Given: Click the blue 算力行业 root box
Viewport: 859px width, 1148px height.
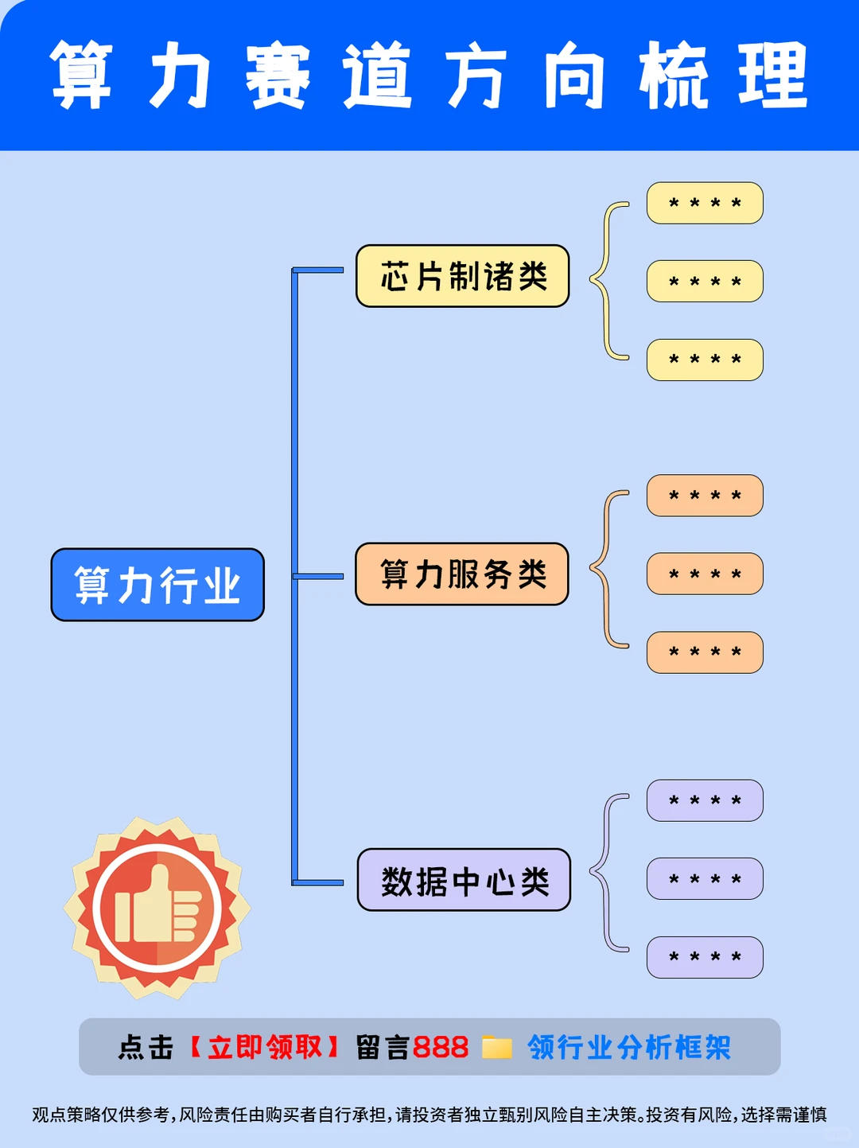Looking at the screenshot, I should [157, 585].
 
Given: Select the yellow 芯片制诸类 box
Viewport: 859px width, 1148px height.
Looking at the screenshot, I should [462, 276].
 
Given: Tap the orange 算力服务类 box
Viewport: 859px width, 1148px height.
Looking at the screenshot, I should [462, 574].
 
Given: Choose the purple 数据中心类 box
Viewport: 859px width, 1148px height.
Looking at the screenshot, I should [464, 880].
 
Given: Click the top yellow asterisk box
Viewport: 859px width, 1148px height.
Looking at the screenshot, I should [705, 203].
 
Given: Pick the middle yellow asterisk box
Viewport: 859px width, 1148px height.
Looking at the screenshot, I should [705, 281].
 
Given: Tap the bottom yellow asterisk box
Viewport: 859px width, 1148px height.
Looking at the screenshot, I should [705, 360].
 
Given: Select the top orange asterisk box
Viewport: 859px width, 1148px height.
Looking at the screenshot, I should [705, 496].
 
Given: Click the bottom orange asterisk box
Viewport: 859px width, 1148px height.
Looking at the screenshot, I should [705, 652].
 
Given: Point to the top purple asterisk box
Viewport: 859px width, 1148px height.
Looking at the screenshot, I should [705, 800].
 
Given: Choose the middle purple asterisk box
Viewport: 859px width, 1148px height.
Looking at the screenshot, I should [705, 878].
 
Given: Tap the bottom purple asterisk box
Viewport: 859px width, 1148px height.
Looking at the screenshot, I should [705, 957].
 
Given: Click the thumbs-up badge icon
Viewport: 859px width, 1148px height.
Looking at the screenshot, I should [157, 908].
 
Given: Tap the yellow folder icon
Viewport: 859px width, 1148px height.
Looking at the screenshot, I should [497, 1047].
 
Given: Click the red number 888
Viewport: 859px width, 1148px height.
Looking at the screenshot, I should [440, 1047].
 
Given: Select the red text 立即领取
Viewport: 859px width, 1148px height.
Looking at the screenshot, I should [265, 1047].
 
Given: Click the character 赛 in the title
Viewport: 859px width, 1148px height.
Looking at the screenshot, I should [277, 76].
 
